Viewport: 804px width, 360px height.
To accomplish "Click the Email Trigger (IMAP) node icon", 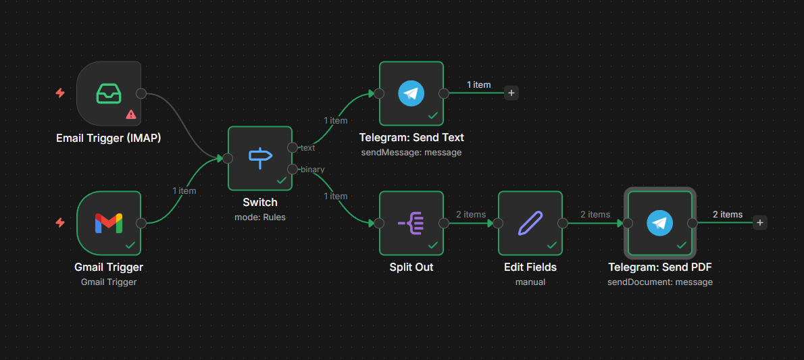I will pos(109,93).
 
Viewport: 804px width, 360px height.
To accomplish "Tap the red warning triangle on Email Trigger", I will pos(131,114).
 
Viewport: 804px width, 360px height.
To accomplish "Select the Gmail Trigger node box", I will pos(109,223).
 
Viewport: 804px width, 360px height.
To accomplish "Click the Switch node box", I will pos(260,158).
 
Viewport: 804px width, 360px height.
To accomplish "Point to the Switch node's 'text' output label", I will pos(307,147).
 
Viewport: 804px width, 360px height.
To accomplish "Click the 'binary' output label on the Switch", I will pos(312,170).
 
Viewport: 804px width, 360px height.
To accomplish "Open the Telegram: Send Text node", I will pos(411,93).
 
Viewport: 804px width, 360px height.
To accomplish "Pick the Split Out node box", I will pos(411,223).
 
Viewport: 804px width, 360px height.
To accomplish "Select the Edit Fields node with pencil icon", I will pos(530,223).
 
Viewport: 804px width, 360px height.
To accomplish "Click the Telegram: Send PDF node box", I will pos(660,223).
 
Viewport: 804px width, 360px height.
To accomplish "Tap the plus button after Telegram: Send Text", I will pos(511,93).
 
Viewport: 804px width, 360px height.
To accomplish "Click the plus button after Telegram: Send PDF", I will pos(760,223).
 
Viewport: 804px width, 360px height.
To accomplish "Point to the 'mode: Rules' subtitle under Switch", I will pos(260,217).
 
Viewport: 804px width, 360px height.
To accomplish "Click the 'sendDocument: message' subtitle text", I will pos(660,282).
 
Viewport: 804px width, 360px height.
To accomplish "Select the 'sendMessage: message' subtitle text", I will pos(411,152).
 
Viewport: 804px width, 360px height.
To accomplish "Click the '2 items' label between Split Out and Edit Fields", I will pos(471,214).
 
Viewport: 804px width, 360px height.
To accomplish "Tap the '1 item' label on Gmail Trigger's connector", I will pos(184,190).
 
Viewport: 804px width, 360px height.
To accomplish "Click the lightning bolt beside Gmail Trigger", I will pos(60,223).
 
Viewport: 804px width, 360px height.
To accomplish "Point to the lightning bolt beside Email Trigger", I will pos(60,93).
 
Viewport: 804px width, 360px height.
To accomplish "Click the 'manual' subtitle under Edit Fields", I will pos(530,282).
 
